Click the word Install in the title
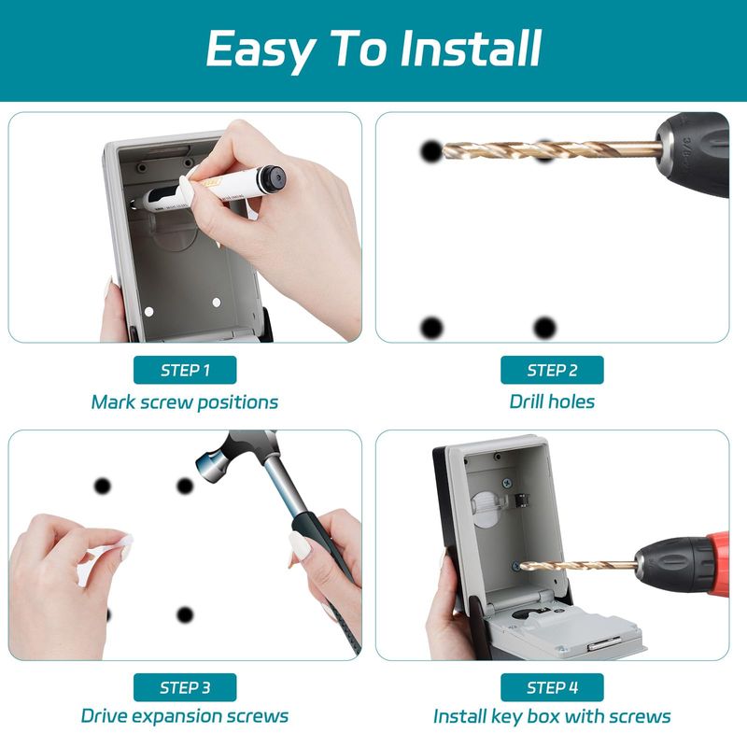471,49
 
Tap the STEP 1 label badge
185,370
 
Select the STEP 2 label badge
552,370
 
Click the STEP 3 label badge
185,687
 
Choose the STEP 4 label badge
552,687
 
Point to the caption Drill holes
552,402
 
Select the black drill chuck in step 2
693,153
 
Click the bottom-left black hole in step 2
432,328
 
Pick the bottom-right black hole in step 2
544,328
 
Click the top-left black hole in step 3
102,486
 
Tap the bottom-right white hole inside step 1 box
217,303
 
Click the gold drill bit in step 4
577,566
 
